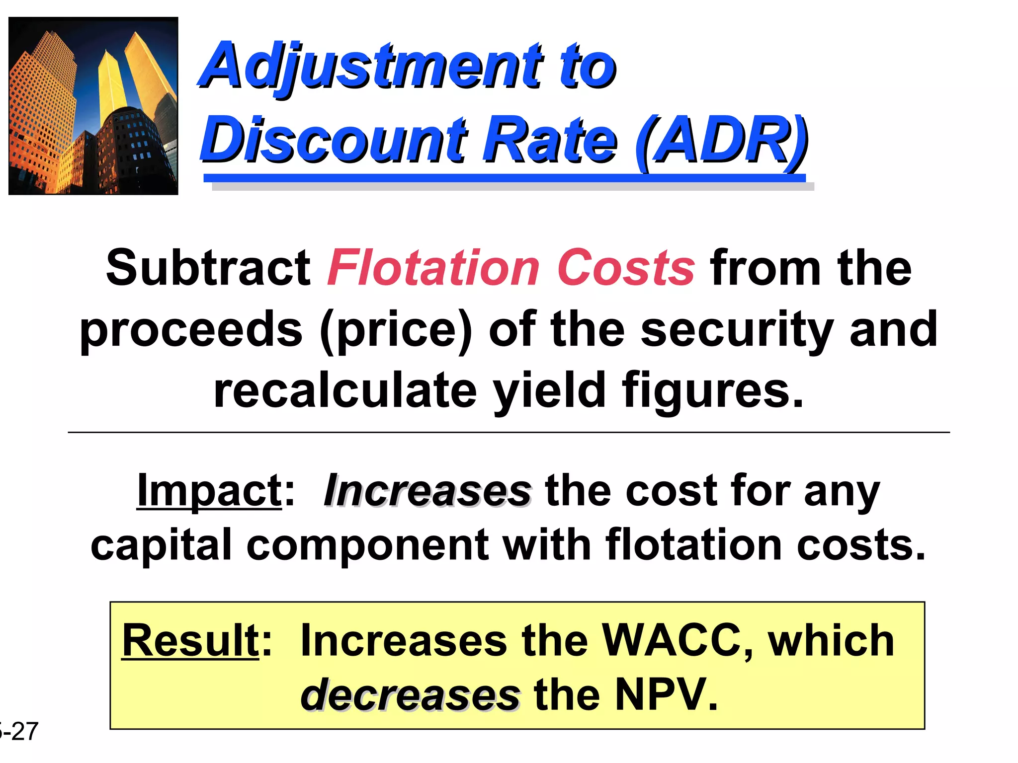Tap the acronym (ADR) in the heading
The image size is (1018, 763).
[x=721, y=140]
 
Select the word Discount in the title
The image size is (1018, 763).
[x=333, y=140]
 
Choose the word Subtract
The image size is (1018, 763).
[x=208, y=268]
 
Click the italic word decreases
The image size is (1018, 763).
[x=410, y=694]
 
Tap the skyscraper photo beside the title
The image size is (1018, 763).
[x=93, y=106]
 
